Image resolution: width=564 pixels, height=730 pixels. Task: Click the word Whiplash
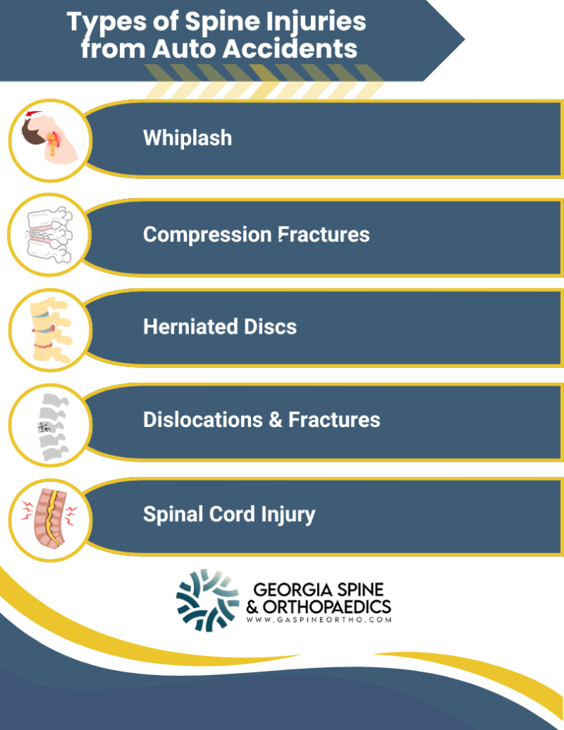[x=188, y=138]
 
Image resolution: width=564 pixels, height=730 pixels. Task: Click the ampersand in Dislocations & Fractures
[x=275, y=419]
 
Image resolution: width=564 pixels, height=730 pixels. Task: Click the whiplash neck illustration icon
[x=48, y=139]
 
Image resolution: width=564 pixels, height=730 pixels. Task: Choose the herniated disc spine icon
[x=48, y=328]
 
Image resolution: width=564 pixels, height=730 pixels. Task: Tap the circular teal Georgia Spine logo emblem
[x=207, y=600]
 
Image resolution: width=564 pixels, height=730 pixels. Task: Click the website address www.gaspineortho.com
[x=319, y=620]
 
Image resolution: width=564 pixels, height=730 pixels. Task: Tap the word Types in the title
[x=103, y=21]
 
